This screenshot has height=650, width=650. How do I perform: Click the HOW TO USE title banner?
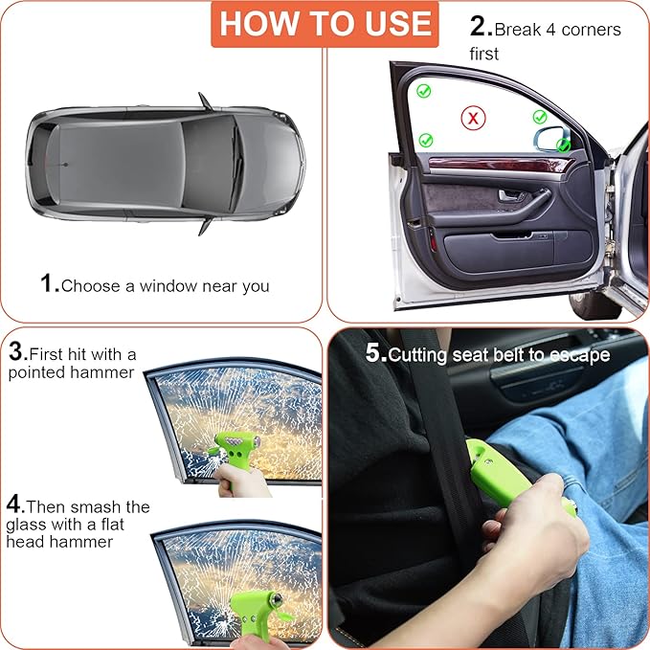tap(325, 24)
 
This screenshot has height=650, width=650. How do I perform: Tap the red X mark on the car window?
tap(472, 118)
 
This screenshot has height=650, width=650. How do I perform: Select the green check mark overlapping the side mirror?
tap(565, 146)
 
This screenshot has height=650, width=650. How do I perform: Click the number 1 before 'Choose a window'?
tap(50, 283)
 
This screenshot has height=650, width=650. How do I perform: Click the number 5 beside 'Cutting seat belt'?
tap(374, 353)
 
